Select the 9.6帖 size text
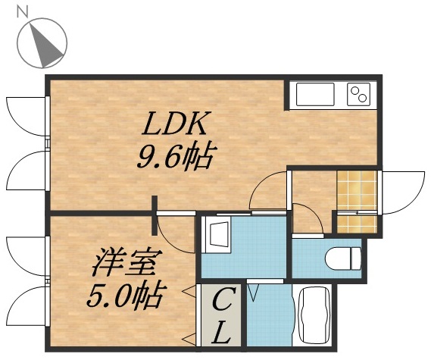[x=173, y=157]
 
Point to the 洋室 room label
[x=124, y=266]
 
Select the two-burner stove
[x=358, y=95]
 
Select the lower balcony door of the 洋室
[x=26, y=307]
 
